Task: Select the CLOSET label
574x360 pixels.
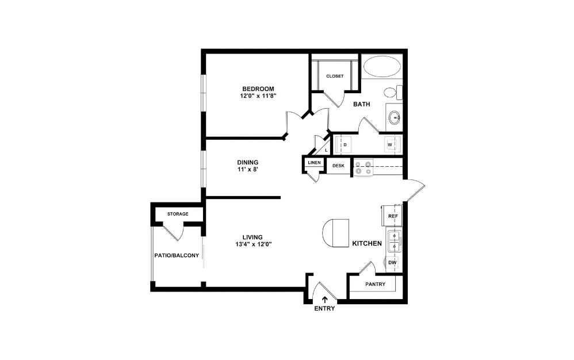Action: coord(335,76)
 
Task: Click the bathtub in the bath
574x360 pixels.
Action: coord(382,67)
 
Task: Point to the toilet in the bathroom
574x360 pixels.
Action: coord(392,92)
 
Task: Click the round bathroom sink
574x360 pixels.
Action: coord(395,118)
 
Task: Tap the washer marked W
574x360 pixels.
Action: coord(391,144)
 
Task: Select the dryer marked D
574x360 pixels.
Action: coord(345,144)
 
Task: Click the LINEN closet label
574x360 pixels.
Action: coord(314,163)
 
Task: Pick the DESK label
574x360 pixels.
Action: coord(339,166)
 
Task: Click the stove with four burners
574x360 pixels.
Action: coord(363,167)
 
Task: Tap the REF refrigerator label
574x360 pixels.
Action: coord(393,216)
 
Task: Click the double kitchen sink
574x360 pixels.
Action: coord(394,242)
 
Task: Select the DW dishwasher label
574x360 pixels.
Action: coord(392,263)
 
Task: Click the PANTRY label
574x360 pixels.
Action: coord(376,285)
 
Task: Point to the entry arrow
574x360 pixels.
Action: coord(324,299)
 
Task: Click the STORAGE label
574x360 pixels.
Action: coord(178,214)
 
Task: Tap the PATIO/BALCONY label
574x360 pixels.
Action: coord(177,255)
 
